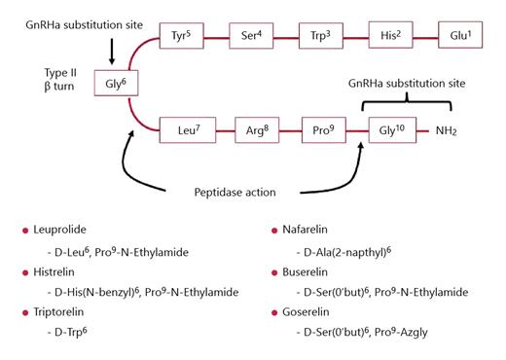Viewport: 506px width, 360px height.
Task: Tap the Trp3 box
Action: pos(322,35)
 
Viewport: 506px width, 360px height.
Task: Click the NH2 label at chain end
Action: pos(446,129)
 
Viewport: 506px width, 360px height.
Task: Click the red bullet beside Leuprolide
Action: pos(25,231)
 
